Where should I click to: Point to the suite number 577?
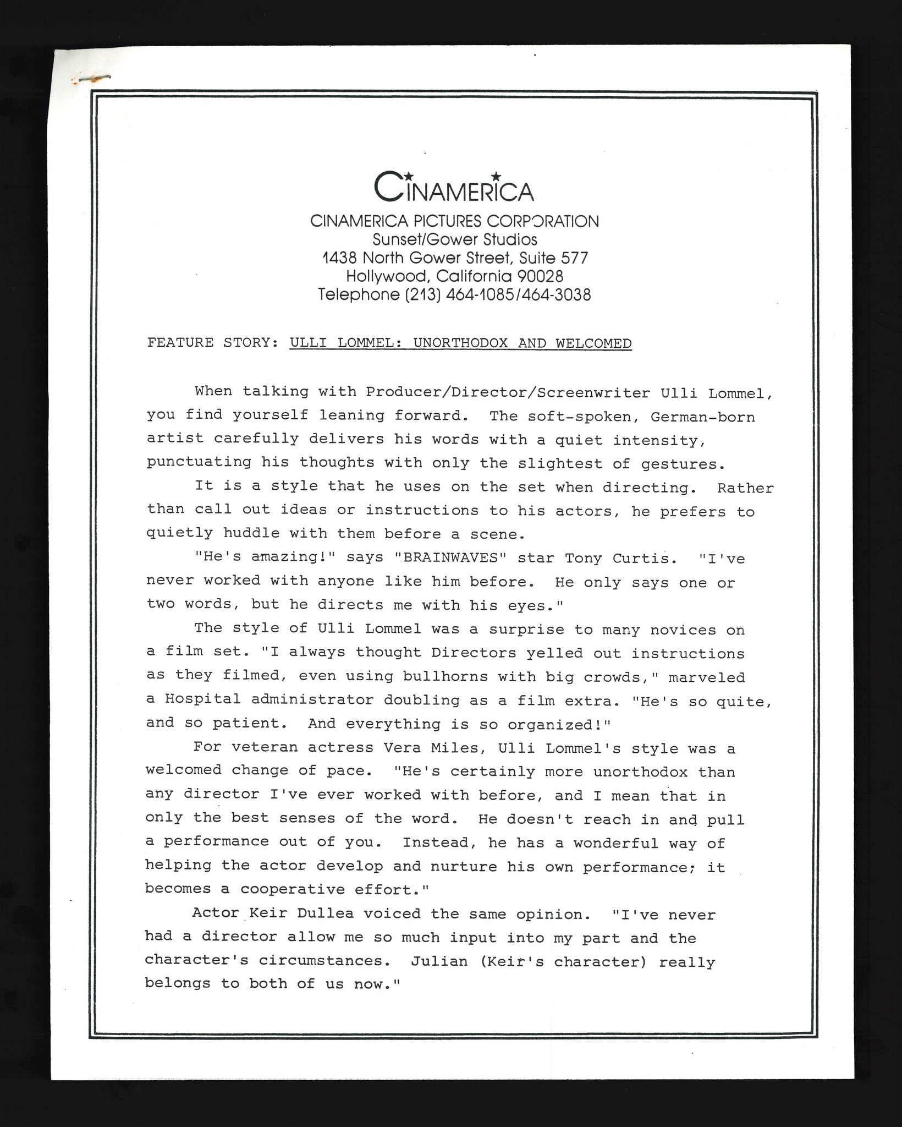pos(574,258)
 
